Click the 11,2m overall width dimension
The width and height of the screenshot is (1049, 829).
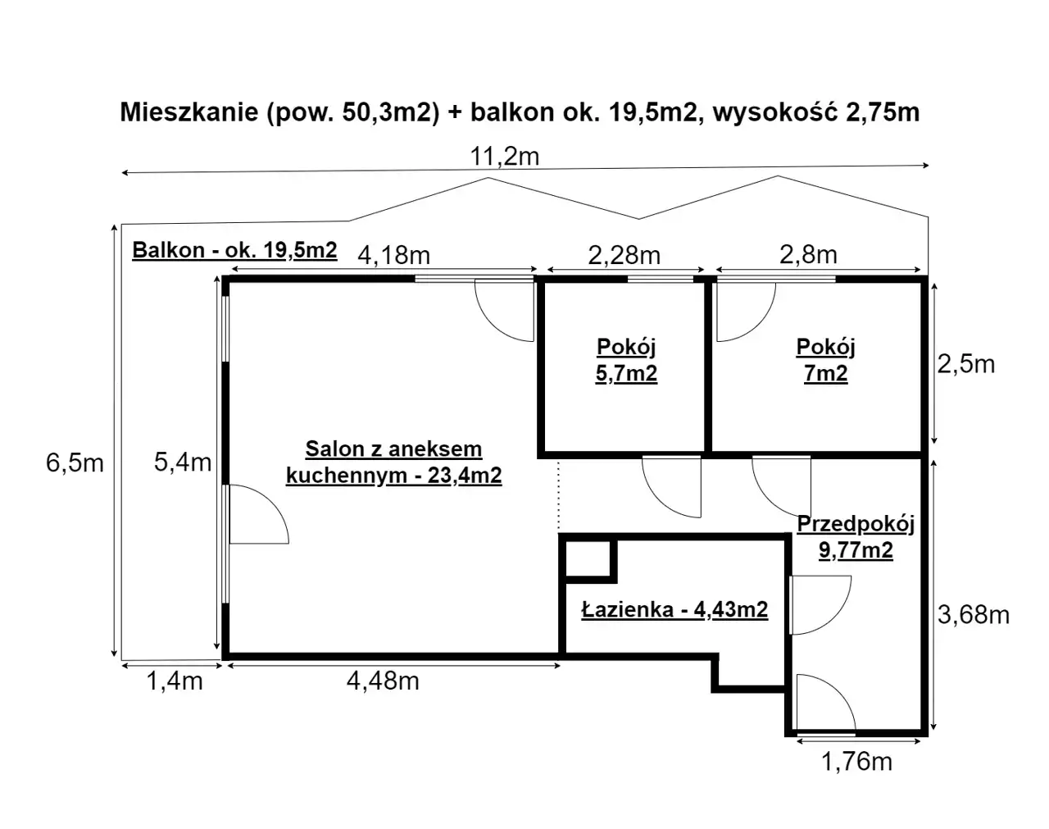[x=505, y=157]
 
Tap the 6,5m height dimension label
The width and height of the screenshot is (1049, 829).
[x=75, y=462]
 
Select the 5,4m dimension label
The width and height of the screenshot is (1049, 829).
[x=183, y=462]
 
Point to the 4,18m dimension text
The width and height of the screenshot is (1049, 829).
[x=394, y=255]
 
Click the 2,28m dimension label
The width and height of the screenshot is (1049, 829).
[x=624, y=255]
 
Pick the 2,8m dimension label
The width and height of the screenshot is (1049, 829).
[x=808, y=254]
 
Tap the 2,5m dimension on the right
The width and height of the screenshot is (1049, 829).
[x=966, y=364]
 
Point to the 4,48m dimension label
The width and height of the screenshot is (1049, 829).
[x=383, y=681]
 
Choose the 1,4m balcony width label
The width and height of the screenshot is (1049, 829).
[x=175, y=681]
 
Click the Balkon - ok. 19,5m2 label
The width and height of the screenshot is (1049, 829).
[x=234, y=249]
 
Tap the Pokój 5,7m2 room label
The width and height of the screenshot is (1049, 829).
[x=626, y=360]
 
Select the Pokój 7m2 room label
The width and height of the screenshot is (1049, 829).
[x=826, y=360]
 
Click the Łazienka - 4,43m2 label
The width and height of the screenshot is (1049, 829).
[x=674, y=609]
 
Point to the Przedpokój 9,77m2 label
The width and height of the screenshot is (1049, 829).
[x=856, y=537]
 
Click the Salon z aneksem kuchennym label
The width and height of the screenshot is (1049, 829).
[x=394, y=462]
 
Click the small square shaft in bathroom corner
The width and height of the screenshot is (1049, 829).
[x=588, y=558]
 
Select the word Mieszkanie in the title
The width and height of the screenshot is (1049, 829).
[x=189, y=112]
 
